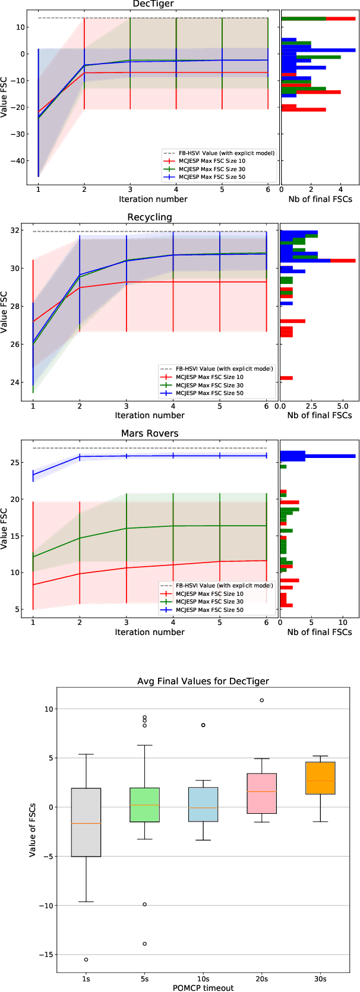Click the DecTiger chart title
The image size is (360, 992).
click(153, 4)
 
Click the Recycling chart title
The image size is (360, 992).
click(150, 217)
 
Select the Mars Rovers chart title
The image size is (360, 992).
click(150, 433)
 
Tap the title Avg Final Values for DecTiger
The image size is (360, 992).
click(203, 681)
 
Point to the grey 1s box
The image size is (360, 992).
click(86, 822)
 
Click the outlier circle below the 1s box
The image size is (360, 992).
click(86, 959)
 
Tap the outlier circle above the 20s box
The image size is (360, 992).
click(261, 700)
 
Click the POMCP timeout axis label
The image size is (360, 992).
click(203, 988)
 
